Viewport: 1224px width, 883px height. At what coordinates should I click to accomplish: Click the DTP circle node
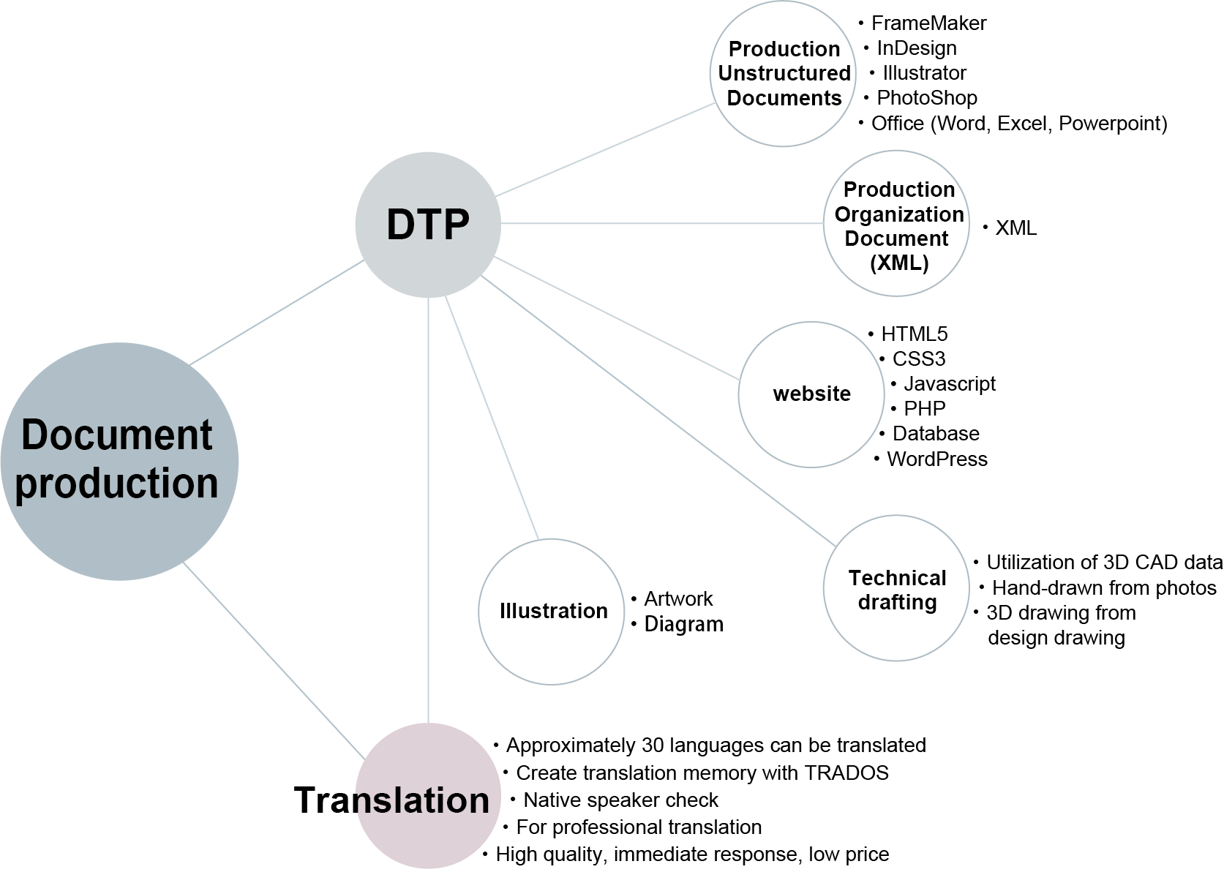click(428, 224)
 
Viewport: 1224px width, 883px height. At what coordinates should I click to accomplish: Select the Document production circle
click(119, 461)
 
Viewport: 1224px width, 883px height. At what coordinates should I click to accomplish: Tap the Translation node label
click(392, 800)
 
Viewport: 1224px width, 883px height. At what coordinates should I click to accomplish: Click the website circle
click(811, 394)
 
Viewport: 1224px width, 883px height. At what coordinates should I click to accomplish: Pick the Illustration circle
click(552, 611)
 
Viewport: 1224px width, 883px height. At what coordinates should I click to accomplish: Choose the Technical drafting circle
click(896, 590)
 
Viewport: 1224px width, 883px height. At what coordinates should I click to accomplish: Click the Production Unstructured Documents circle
click(784, 73)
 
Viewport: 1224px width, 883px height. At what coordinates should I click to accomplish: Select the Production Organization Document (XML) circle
click(897, 224)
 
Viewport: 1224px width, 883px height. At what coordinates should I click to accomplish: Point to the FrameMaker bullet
click(928, 23)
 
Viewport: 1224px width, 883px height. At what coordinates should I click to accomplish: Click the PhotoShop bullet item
click(926, 98)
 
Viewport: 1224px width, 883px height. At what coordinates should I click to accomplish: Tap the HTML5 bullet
click(913, 334)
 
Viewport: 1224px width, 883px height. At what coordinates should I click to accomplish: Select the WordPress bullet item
click(936, 459)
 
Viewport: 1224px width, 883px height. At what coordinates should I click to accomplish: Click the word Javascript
click(949, 384)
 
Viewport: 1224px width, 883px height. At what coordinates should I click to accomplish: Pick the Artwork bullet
click(677, 599)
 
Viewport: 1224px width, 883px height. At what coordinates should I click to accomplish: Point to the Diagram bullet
click(683, 624)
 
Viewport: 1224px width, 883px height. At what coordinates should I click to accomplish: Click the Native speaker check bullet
click(620, 800)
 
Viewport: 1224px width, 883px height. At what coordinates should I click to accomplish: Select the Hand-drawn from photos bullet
click(1103, 588)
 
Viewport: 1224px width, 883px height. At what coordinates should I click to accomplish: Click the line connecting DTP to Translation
click(428, 512)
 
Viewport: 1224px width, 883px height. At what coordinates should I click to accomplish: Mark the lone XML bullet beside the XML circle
click(1015, 228)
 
